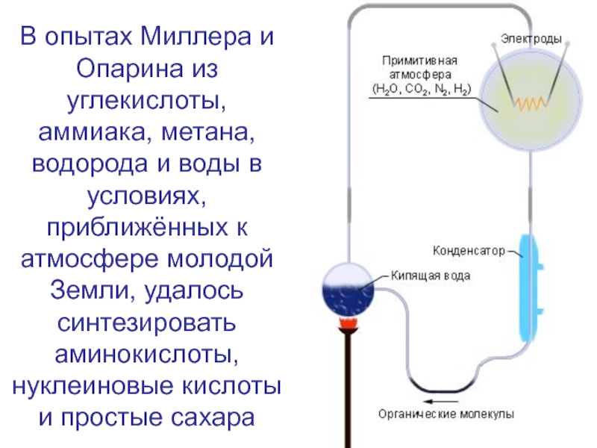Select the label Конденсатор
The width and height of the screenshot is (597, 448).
(469, 249)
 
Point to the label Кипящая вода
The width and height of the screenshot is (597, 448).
(431, 276)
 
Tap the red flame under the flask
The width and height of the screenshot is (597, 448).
(347, 323)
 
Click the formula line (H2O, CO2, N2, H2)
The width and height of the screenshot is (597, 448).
(421, 91)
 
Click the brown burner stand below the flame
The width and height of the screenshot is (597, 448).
(348, 388)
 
